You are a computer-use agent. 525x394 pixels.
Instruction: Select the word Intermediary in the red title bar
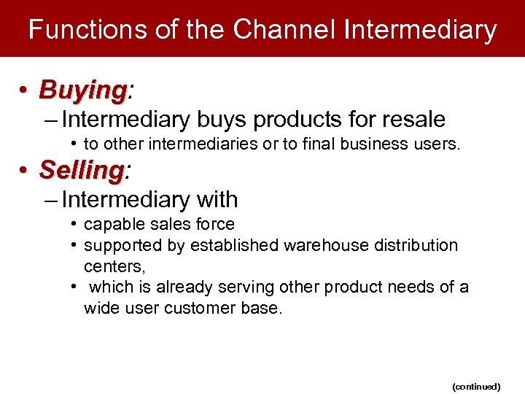coord(420,29)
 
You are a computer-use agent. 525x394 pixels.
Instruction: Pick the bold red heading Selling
coord(82,170)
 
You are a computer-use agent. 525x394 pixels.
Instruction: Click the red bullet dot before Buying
coord(25,90)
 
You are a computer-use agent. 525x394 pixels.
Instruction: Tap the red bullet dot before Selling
coord(25,171)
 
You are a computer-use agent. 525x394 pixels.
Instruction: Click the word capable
coord(110,225)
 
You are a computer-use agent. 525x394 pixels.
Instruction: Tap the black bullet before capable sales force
coord(76,224)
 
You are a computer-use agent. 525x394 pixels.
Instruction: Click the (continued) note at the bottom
coord(476,386)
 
